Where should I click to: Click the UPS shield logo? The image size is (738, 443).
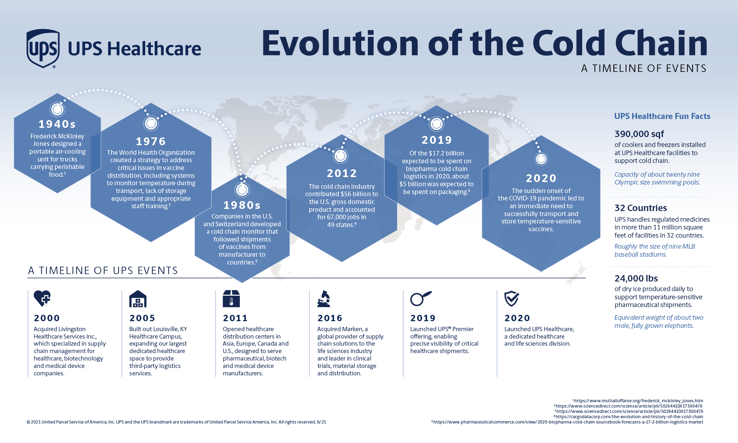(43, 49)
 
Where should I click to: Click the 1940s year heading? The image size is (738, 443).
(57, 124)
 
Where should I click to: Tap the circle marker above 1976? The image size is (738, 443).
(151, 124)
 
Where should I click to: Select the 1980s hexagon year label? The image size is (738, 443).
(242, 205)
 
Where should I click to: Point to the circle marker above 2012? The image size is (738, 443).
(341, 156)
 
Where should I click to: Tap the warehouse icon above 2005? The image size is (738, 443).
(138, 299)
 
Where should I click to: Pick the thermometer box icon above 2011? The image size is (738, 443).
(231, 299)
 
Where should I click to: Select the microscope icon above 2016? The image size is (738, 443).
(324, 299)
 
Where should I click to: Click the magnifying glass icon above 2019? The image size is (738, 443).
(421, 299)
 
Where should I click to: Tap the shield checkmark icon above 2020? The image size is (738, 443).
(512, 299)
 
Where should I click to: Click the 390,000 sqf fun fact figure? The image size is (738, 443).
(639, 134)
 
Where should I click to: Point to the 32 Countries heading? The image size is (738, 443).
(641, 208)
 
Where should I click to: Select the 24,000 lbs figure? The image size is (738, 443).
(636, 278)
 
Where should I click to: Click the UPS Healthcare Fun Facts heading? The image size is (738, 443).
(662, 116)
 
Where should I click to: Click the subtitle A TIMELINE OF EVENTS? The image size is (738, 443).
(644, 68)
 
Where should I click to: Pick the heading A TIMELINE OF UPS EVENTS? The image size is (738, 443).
(103, 271)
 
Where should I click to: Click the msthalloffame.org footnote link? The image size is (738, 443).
(638, 401)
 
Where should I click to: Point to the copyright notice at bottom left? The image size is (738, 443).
(176, 422)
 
